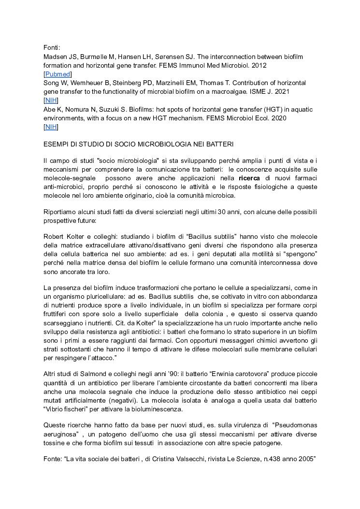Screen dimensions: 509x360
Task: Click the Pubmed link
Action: click(58, 74)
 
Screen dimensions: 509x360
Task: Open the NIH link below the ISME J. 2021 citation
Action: click(51, 100)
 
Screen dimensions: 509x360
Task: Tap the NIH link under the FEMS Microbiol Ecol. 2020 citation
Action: click(51, 127)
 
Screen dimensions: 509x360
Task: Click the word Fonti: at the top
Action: click(52, 47)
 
